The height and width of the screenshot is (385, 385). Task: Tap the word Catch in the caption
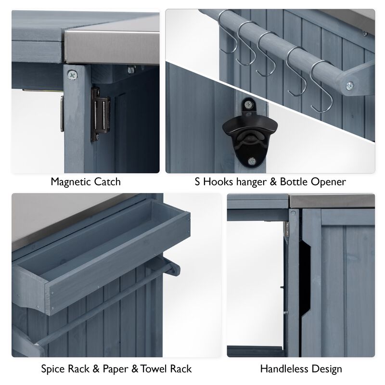(108, 182)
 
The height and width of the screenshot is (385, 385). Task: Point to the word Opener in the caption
(329, 182)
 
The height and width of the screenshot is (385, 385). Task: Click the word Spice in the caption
(53, 369)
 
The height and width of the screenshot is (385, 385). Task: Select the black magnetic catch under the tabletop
(101, 114)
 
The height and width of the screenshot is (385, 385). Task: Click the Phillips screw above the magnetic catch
(72, 74)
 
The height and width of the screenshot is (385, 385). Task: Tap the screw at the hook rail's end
(349, 86)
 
